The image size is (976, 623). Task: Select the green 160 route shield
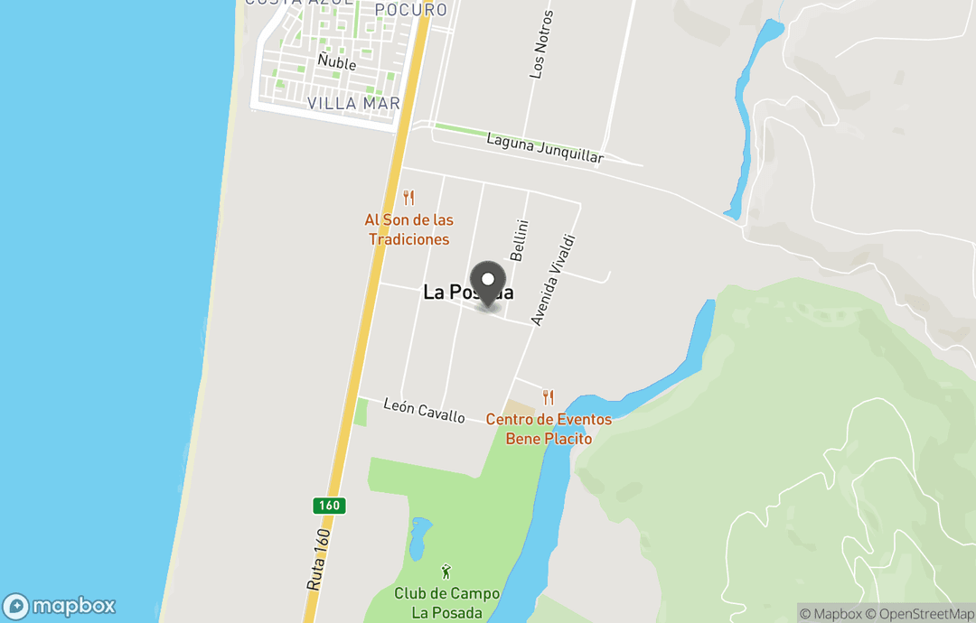330,506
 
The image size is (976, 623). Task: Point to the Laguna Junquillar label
544,148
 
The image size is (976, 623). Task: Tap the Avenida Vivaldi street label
553,280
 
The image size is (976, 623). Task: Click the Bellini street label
518,240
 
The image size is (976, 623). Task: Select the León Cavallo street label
424,411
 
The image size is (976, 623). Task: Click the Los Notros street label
540,44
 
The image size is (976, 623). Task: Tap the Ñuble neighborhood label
336,63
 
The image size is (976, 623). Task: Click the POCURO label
411,10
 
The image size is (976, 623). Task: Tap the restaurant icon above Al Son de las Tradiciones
408,198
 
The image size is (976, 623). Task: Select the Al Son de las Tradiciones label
408,229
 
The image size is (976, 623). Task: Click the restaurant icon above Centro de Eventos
548,397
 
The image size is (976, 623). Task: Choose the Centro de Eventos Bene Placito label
548,429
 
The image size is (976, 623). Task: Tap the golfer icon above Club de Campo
446,572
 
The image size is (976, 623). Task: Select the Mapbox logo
60,606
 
